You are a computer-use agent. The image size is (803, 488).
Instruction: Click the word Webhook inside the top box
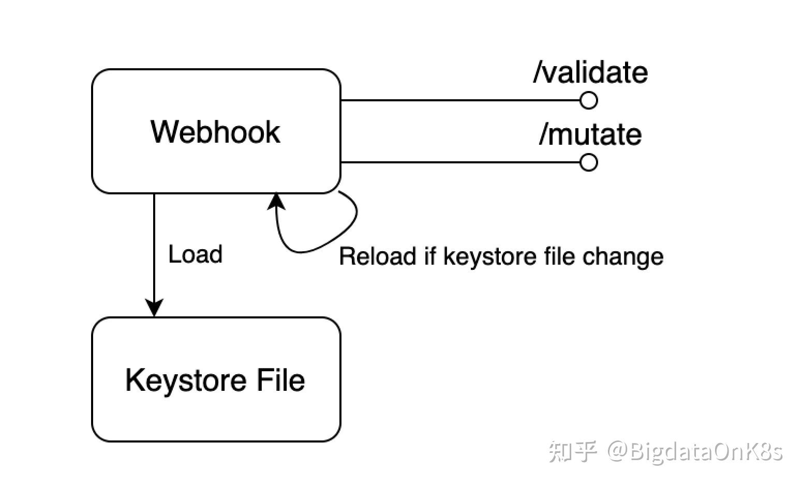(x=215, y=132)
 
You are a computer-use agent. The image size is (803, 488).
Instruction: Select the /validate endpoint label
(x=590, y=72)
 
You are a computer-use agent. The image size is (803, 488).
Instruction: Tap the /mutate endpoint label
(x=590, y=134)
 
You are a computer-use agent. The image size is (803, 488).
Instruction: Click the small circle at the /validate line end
(x=589, y=100)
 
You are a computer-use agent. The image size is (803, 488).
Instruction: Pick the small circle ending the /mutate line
(x=589, y=162)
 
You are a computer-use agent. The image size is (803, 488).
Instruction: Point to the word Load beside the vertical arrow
(x=196, y=254)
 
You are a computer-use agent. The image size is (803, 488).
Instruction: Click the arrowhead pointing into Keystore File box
(x=154, y=308)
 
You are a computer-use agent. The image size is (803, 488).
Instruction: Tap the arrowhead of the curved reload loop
(x=276, y=202)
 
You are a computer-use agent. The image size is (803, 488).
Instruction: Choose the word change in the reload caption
(x=623, y=257)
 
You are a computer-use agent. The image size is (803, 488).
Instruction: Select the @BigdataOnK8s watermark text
(x=695, y=452)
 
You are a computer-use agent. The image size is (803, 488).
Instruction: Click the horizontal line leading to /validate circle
(x=460, y=100)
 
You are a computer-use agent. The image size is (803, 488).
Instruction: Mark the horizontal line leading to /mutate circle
(x=460, y=162)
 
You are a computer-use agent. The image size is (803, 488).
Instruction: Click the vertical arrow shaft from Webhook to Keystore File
(x=154, y=247)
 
